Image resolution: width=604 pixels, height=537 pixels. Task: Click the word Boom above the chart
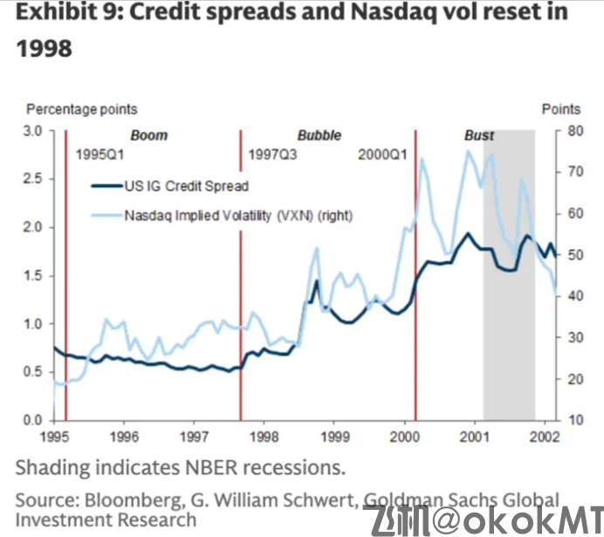point(148,135)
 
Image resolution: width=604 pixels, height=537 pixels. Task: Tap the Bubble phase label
point(319,135)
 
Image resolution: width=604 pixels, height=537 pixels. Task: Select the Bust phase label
point(478,135)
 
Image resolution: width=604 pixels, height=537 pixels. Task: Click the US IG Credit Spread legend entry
point(186,185)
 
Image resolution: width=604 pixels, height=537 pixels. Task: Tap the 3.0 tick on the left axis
point(33,131)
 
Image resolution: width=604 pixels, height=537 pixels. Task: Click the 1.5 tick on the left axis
point(33,276)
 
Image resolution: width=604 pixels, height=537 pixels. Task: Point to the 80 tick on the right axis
point(573,131)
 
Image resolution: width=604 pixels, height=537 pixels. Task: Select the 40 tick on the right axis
point(573,296)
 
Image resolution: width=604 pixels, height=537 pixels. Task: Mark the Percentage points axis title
point(81,109)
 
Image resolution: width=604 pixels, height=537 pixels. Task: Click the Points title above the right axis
point(560,109)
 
